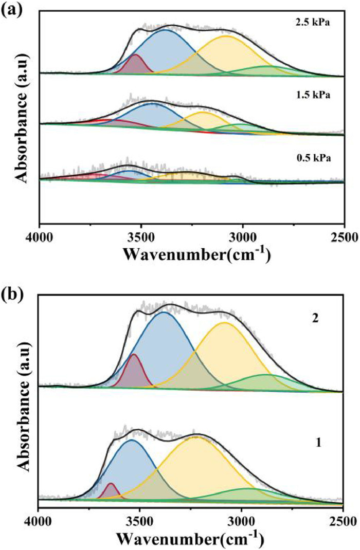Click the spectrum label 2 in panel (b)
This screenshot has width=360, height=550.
pyautogui.click(x=316, y=318)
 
